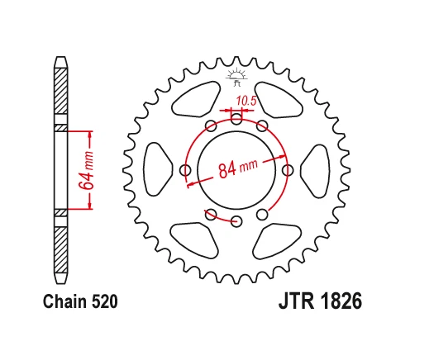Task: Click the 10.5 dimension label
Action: (x=245, y=102)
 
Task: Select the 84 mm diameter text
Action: (x=236, y=169)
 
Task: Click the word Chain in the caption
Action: (x=62, y=302)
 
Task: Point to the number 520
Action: (x=102, y=302)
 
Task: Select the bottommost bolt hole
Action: (x=236, y=221)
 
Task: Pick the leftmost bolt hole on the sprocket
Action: (x=185, y=170)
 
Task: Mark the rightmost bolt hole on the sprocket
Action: (x=288, y=170)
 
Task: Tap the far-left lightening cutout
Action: (x=155, y=170)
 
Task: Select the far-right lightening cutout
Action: (x=317, y=170)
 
